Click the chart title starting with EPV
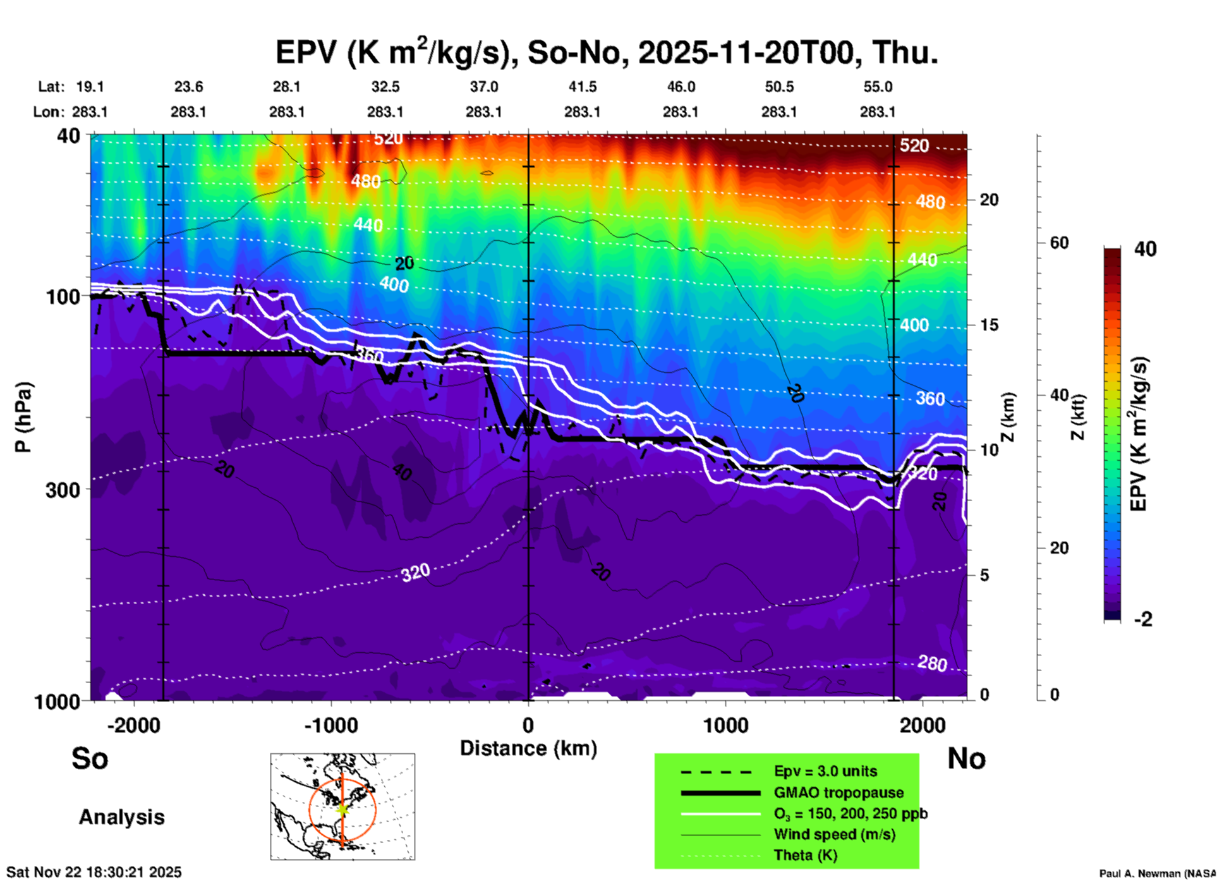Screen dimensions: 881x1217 (x=607, y=52)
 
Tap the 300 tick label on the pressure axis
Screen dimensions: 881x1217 (x=63, y=489)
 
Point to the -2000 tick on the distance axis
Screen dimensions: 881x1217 (x=134, y=725)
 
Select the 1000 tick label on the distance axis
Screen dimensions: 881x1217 (x=725, y=725)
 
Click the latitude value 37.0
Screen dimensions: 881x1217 (x=483, y=87)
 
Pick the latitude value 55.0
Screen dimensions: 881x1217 (x=878, y=87)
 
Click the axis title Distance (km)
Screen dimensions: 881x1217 (x=528, y=748)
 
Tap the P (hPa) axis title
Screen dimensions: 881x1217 (x=23, y=417)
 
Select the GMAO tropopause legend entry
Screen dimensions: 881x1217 (x=839, y=793)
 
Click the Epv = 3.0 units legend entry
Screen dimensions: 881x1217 (x=825, y=772)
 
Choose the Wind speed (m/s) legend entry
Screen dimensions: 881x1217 (x=834, y=834)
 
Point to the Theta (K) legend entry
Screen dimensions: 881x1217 (x=805, y=855)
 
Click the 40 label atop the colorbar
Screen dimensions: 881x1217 (x=1145, y=249)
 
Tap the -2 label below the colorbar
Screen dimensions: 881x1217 (x=1143, y=619)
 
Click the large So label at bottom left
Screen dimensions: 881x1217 (x=90, y=758)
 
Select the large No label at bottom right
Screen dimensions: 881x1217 (x=966, y=758)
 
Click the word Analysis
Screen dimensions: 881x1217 (x=121, y=817)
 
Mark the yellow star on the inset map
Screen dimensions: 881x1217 (x=342, y=809)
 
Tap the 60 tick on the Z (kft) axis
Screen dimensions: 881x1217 (x=1059, y=243)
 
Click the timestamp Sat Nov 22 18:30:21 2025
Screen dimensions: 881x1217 (x=94, y=872)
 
